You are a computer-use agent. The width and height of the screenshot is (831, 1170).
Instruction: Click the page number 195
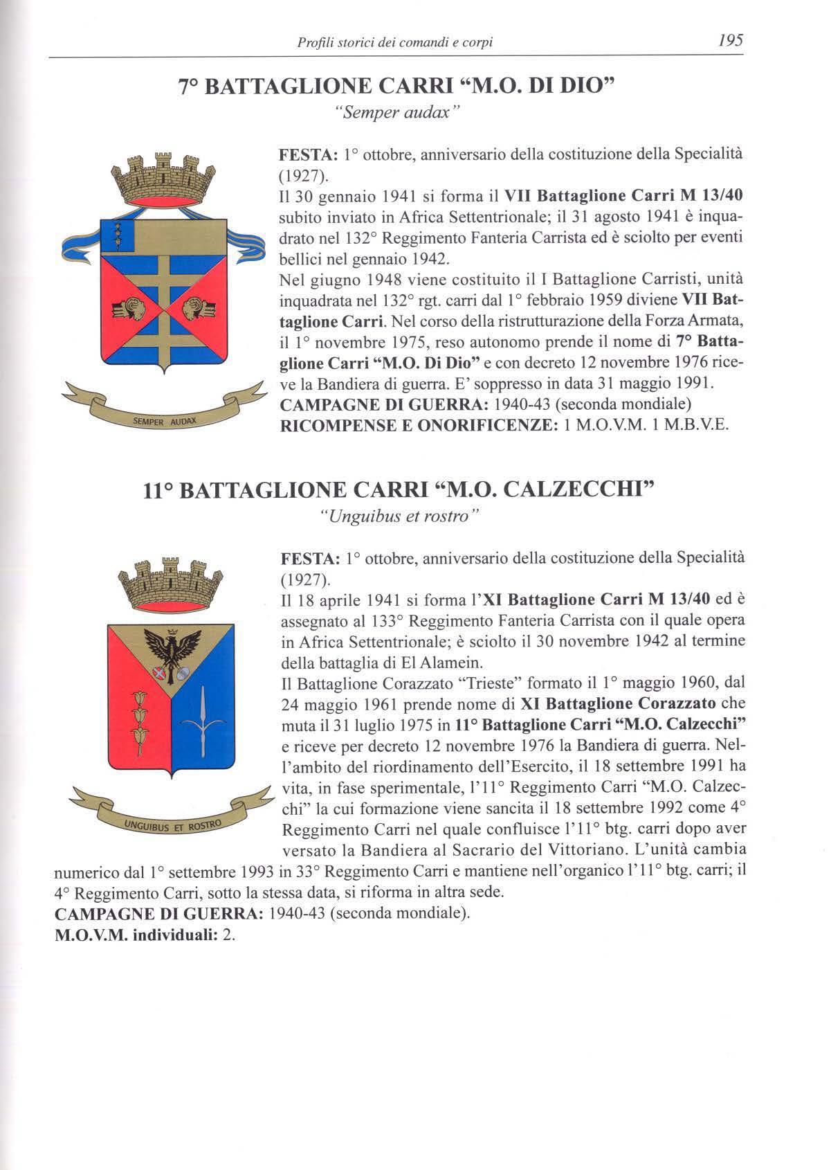(730, 40)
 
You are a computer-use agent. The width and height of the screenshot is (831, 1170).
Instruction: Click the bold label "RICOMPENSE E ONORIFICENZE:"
(419, 425)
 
